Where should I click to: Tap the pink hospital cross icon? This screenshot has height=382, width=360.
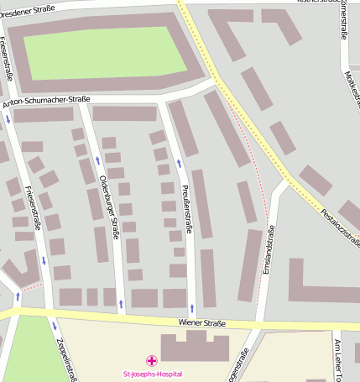[x=151, y=360]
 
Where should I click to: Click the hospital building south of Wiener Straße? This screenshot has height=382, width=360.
[x=195, y=346]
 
